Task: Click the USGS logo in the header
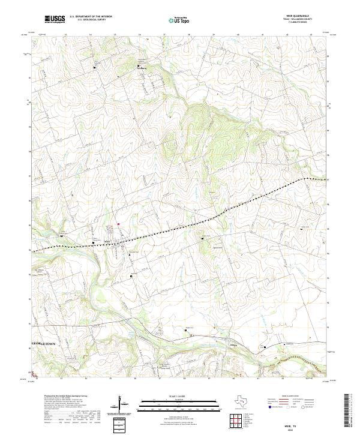pos(55,20)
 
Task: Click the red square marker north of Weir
pos(118,225)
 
